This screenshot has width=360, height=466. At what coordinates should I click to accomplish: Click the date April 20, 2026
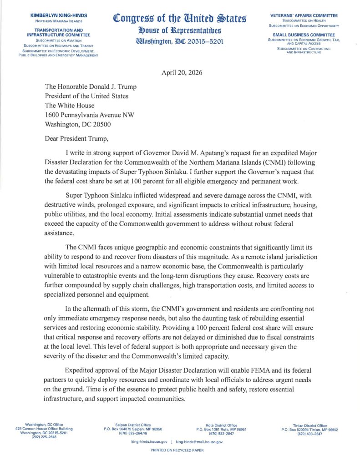click(x=181, y=73)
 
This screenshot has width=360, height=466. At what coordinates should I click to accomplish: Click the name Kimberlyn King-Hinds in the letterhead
click(x=58, y=15)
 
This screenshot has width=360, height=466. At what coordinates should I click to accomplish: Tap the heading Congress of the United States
click(x=180, y=19)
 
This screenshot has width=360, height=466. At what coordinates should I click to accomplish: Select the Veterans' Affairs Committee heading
click(x=304, y=15)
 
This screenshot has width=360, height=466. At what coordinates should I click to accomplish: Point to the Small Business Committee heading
click(x=304, y=35)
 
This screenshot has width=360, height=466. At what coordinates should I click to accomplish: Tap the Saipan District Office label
click(x=131, y=425)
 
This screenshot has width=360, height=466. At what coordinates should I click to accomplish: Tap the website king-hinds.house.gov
click(x=149, y=441)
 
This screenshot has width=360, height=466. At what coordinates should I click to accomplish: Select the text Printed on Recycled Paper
click(x=177, y=450)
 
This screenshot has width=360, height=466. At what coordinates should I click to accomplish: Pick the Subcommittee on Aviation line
click(x=58, y=39)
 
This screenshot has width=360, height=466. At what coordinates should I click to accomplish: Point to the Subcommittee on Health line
click(x=304, y=20)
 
